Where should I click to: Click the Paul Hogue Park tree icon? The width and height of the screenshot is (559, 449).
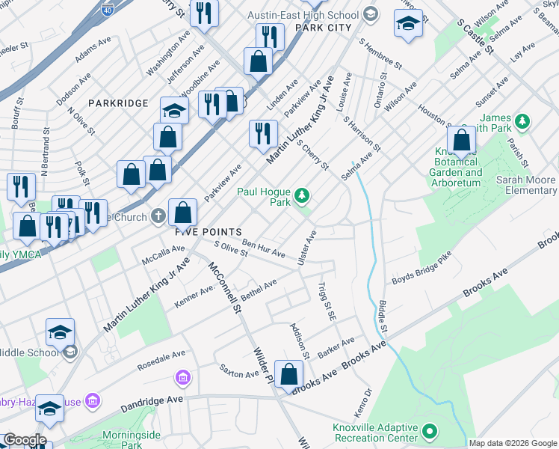302,196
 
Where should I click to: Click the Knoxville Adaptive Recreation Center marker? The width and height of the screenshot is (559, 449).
429,432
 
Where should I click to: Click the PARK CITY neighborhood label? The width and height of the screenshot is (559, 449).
323,28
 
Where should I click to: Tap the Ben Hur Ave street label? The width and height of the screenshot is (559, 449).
263,250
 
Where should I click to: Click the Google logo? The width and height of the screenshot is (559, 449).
24,440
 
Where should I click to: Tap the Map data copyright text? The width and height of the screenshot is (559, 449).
513,443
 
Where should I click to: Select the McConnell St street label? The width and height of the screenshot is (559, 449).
225,287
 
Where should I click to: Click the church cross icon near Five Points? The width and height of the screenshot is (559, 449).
157,216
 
